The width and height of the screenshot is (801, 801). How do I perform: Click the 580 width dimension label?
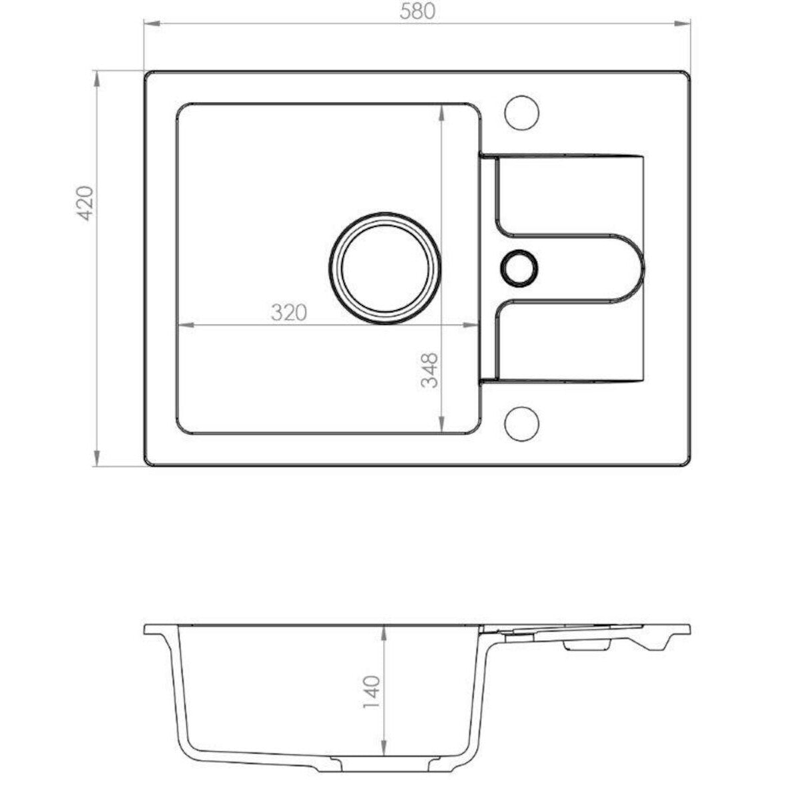pos(417,11)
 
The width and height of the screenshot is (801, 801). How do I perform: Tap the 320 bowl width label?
pos(289,312)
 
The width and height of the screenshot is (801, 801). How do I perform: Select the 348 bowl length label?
pos(429,370)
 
